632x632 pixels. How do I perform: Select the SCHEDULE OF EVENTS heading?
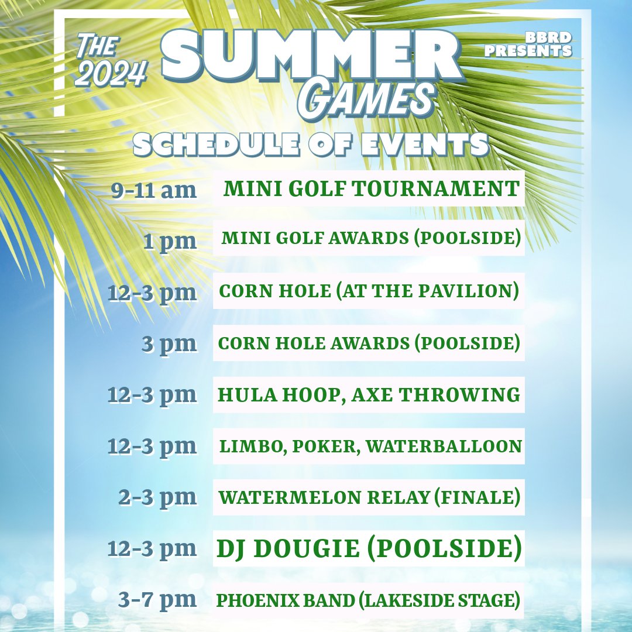(x=311, y=144)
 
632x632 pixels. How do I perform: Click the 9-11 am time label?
(x=154, y=190)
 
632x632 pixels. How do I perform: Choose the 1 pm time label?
(x=170, y=241)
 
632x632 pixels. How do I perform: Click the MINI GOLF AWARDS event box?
(x=369, y=238)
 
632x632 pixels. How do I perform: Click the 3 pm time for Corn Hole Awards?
(x=169, y=343)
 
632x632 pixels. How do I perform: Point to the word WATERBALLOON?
(x=454, y=446)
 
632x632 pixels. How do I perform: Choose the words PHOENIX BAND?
(x=274, y=600)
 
